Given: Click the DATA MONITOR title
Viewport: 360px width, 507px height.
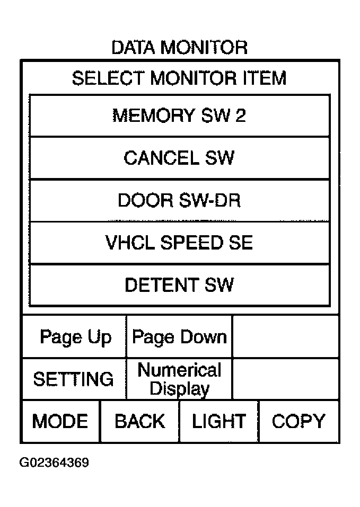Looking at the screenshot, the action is pyautogui.click(x=180, y=48).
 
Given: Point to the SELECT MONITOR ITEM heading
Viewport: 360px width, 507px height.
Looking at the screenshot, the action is pyautogui.click(x=179, y=78).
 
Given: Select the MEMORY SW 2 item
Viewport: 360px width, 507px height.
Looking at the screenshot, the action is pyautogui.click(x=180, y=115).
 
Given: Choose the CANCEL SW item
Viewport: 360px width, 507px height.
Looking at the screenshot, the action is pyautogui.click(x=180, y=158).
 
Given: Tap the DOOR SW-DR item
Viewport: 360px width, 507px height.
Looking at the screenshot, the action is pyautogui.click(x=180, y=200).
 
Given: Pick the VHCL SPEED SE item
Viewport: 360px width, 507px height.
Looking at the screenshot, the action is pyautogui.click(x=180, y=243).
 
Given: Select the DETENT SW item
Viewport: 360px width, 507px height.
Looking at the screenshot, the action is pyautogui.click(x=180, y=285).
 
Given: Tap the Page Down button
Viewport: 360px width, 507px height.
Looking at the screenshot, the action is pyautogui.click(x=179, y=336).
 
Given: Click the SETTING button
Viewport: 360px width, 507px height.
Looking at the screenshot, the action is pyautogui.click(x=74, y=379).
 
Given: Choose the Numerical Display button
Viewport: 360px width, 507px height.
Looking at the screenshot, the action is pyautogui.click(x=179, y=379).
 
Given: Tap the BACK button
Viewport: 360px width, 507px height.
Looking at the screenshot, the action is pyautogui.click(x=140, y=421).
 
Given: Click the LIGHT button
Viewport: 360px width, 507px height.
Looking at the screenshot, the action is pyautogui.click(x=219, y=421).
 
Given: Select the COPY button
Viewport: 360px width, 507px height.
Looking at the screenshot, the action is pyautogui.click(x=298, y=421).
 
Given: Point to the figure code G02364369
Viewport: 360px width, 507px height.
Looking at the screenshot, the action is pyautogui.click(x=54, y=462).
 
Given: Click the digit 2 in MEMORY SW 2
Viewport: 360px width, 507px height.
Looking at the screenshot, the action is pyautogui.click(x=241, y=115).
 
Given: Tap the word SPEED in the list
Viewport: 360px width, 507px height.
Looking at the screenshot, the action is pyautogui.click(x=192, y=243).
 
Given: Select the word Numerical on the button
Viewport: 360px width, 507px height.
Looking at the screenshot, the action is pyautogui.click(x=180, y=370).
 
